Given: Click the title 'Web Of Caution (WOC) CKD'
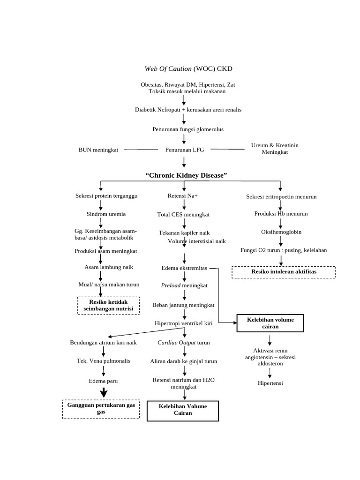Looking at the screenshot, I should (x=188, y=69).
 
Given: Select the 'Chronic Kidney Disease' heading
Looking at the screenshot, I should (x=186, y=175).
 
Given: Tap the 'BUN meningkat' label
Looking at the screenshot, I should (x=98, y=150).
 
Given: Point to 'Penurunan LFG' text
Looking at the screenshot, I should (x=185, y=150).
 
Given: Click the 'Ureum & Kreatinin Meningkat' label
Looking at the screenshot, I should (x=275, y=149).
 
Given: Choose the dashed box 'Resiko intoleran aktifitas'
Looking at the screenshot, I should (x=284, y=272).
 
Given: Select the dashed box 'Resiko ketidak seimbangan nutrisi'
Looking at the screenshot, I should (x=108, y=305).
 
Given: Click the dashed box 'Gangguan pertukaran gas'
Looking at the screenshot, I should (x=101, y=408).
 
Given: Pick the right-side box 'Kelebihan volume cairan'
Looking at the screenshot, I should (x=270, y=323).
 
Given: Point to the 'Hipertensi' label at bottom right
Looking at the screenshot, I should (x=270, y=383).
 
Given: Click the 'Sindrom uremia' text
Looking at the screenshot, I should (x=106, y=214).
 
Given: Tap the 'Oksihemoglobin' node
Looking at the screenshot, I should (x=281, y=232).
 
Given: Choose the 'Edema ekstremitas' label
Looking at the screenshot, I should (x=184, y=268).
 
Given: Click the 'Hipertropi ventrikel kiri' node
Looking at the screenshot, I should (x=184, y=323).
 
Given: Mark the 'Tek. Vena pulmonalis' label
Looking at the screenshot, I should (x=104, y=361).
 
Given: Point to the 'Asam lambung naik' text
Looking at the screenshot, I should (x=109, y=267).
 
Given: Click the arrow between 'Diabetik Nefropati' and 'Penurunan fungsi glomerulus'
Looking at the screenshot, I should (x=184, y=120).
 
